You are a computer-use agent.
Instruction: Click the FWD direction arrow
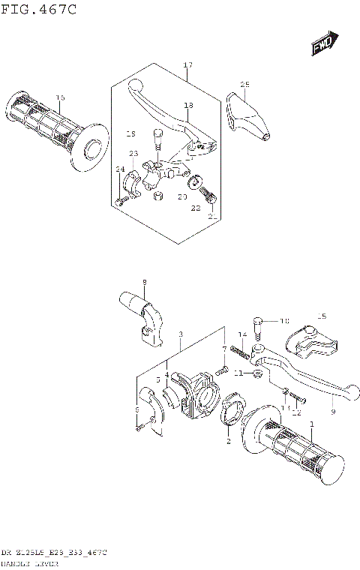pos(324,44)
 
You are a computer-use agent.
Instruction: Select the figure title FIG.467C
pos(38,9)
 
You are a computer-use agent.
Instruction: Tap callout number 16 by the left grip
pos(60,97)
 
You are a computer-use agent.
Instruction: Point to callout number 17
pos(187,66)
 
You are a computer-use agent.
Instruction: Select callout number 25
pos(244,84)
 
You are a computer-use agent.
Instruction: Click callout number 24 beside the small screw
pos(119,169)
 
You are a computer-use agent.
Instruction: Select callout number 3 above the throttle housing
pos(181,334)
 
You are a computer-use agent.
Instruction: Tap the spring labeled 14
pos(239,349)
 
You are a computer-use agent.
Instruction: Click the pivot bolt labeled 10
pos(259,325)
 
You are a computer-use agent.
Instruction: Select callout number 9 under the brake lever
pos(332,412)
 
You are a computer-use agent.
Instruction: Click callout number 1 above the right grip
pos(310,425)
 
